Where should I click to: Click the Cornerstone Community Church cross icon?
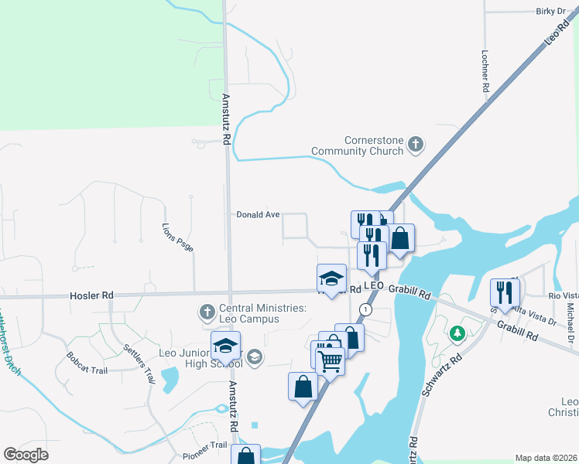pyautogui.click(x=416, y=143)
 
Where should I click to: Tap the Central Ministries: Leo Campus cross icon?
pyautogui.click(x=207, y=312)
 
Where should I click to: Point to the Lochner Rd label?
pyautogui.click(x=485, y=72)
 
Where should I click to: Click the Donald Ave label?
pyautogui.click(x=257, y=215)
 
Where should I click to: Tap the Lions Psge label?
pyautogui.click(x=177, y=237)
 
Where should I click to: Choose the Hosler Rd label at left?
pyautogui.click(x=91, y=295)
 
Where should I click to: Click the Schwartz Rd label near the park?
pyautogui.click(x=441, y=376)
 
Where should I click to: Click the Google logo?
pyautogui.click(x=26, y=455)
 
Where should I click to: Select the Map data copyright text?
pyautogui.click(x=546, y=458)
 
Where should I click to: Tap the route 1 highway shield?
pyautogui.click(x=365, y=309)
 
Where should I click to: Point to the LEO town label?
pyautogui.click(x=374, y=286)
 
